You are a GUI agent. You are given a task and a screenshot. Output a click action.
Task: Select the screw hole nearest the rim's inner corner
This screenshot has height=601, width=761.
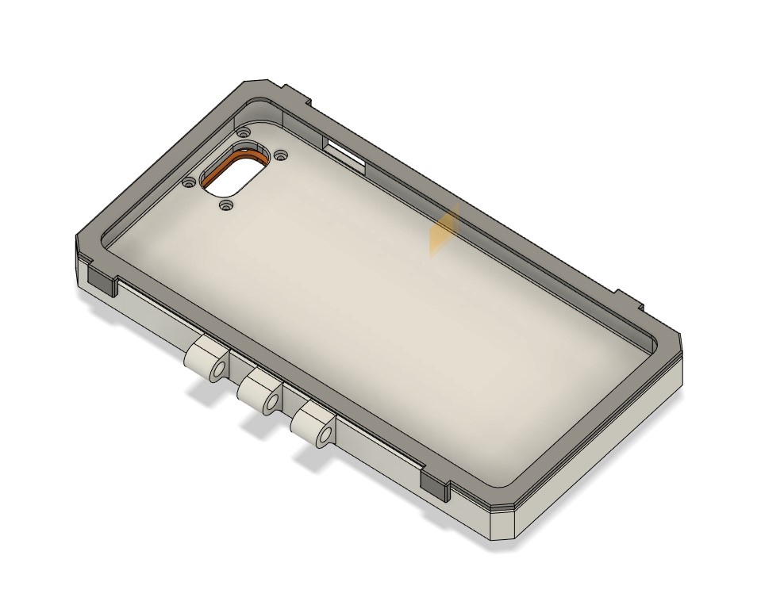click(x=244, y=131)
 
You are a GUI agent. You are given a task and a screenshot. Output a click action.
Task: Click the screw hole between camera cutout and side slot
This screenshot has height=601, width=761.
click(x=280, y=155)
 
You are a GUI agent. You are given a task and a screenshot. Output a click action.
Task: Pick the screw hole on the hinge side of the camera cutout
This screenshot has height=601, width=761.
click(x=189, y=182)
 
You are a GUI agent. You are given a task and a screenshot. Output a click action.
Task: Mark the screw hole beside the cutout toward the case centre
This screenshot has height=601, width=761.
click(x=226, y=205)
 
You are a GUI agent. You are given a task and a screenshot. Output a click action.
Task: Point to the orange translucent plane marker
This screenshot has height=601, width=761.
click(x=444, y=231)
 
